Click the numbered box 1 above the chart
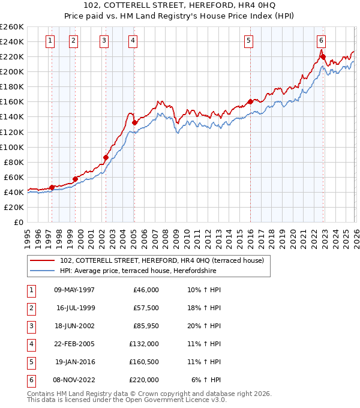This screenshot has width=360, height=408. [49, 41]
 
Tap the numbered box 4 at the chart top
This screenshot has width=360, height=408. [132, 41]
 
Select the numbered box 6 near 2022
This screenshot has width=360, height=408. [322, 41]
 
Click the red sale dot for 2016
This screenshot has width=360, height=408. [250, 101]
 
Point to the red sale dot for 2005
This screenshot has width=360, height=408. [134, 123]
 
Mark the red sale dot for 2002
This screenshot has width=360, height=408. [106, 157]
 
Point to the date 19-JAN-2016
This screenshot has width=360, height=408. [74, 362]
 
